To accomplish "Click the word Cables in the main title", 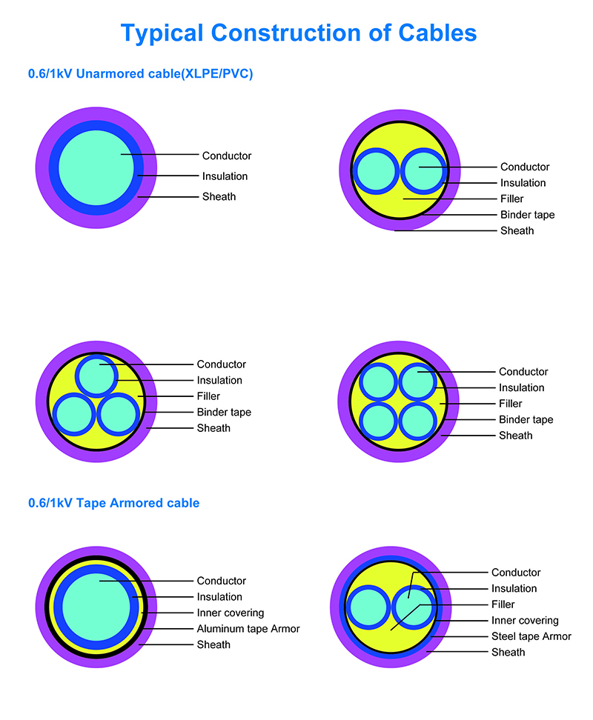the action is [x=437, y=33].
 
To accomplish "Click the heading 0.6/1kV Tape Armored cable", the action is [x=114, y=503].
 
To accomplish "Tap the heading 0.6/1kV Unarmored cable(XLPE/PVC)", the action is [x=141, y=74].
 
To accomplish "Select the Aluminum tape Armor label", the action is [x=248, y=629].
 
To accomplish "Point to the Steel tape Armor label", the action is [x=531, y=636].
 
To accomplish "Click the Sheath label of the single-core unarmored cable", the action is [x=219, y=196].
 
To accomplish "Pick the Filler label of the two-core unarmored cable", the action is [x=511, y=199].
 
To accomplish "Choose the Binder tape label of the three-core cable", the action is [x=224, y=413].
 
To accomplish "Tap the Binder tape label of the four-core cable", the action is [x=526, y=420].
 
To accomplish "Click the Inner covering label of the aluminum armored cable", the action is [x=231, y=613].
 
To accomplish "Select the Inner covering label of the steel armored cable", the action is [x=525, y=620].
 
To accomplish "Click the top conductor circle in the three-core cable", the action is [x=96, y=376].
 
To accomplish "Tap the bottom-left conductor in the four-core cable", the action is [x=378, y=421].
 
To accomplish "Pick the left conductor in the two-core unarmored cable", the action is [x=377, y=171].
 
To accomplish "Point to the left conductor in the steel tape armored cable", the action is [x=368, y=607].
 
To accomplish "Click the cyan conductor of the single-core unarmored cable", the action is [x=96, y=167].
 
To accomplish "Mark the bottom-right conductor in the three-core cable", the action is [x=119, y=415].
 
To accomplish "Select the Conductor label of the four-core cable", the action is [x=523, y=371].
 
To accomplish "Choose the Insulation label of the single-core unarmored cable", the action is [x=225, y=176].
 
